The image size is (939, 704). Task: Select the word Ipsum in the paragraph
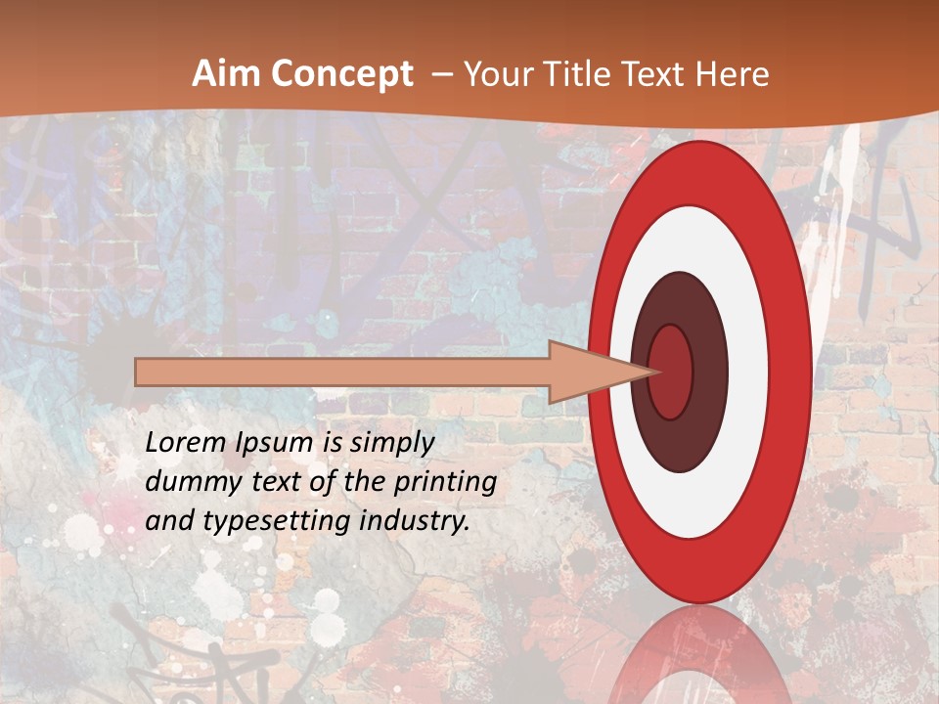tap(268, 444)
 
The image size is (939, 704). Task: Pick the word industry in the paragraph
tap(411, 521)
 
